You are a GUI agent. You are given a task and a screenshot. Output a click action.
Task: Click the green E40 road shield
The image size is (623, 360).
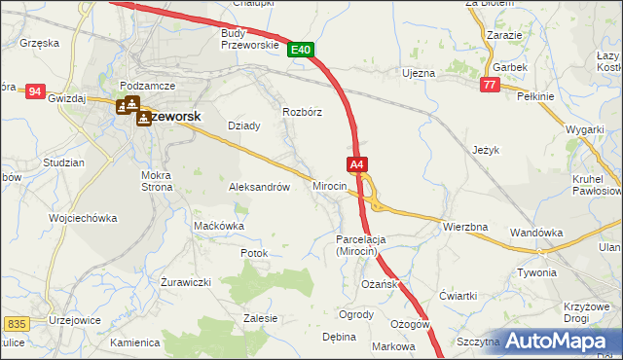[x=300, y=50]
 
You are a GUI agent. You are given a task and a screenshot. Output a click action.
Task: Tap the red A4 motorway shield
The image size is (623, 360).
[x=357, y=165]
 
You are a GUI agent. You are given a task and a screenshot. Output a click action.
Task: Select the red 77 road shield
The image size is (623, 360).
[x=490, y=86]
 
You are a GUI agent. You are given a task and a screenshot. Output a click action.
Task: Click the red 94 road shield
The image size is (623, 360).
[x=36, y=91]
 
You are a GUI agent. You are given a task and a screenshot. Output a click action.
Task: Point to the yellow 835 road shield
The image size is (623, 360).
[x=16, y=323]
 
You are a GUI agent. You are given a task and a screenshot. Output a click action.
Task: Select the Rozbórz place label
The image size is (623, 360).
[x=302, y=111]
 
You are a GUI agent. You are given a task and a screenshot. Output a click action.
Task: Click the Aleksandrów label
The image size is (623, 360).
[x=259, y=187]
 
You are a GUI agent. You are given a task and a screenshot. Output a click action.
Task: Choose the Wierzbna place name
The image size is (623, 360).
[x=464, y=227]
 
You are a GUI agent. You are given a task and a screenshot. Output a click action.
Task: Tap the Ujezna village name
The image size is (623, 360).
[x=419, y=73]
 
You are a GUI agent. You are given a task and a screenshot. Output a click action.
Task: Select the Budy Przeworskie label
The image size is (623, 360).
[x=250, y=38]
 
